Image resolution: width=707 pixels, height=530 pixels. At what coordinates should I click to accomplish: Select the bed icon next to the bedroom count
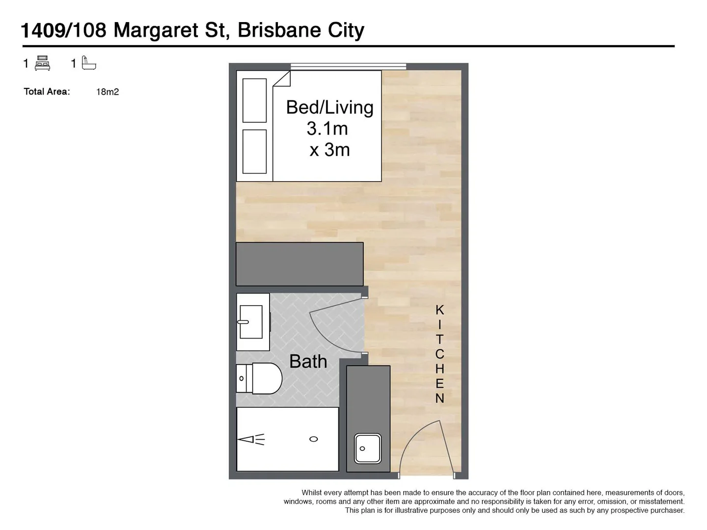pyautogui.click(x=43, y=63)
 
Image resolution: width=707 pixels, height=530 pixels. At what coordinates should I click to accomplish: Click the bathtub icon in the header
pyautogui.click(x=89, y=63)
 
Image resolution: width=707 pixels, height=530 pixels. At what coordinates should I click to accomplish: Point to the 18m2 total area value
pyautogui.click(x=108, y=92)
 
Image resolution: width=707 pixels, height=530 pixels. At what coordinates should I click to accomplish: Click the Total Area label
pyautogui.click(x=47, y=92)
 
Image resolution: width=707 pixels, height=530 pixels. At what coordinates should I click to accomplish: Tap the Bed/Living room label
pyautogui.click(x=329, y=107)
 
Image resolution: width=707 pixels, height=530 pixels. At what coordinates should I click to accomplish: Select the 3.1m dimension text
pyautogui.click(x=327, y=129)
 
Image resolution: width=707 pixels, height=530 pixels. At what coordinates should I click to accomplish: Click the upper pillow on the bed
pyautogui.click(x=254, y=100)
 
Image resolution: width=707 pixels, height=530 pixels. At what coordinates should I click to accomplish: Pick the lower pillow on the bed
pyautogui.click(x=254, y=151)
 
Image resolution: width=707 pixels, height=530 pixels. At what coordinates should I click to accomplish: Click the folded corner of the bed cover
pyautogui.click(x=283, y=79)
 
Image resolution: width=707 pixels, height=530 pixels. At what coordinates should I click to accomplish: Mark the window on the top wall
pyautogui.click(x=348, y=66)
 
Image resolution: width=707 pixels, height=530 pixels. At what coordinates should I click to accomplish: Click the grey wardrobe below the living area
pyautogui.click(x=299, y=264)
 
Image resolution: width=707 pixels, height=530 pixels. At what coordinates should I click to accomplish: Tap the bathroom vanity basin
pyautogui.click(x=251, y=322)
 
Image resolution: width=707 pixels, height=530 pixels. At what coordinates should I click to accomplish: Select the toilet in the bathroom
pyautogui.click(x=260, y=378)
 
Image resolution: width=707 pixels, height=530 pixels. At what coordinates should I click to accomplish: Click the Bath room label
pyautogui.click(x=308, y=362)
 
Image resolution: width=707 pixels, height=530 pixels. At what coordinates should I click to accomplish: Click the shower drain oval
pyautogui.click(x=313, y=439)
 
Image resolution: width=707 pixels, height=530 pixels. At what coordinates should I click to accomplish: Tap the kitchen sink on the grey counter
pyautogui.click(x=368, y=448)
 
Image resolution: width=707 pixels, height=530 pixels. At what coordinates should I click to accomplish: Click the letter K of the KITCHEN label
pyautogui.click(x=439, y=310)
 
